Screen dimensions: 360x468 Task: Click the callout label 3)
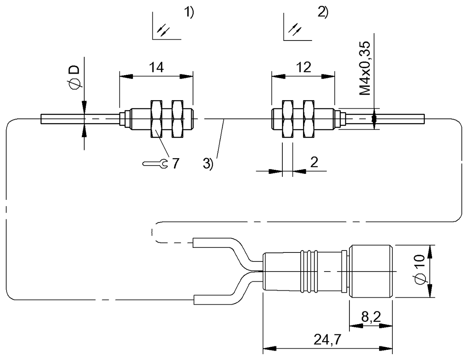pos(208,164)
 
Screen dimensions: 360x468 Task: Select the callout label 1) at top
pos(189,13)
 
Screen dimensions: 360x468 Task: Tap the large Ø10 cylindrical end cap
pos(372,272)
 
